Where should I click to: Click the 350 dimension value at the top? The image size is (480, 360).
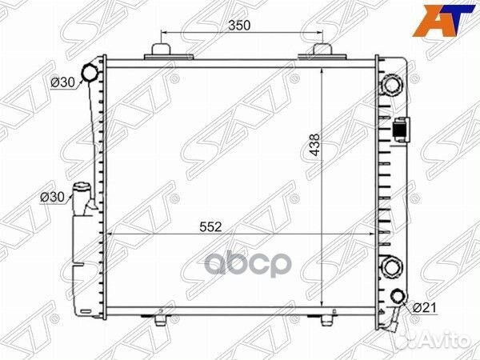point(239,26)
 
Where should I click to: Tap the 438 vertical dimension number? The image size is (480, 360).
point(314,145)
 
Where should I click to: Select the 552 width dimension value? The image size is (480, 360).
point(210,227)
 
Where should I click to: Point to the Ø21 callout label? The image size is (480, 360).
point(425,308)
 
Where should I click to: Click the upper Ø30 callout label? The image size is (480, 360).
point(62,82)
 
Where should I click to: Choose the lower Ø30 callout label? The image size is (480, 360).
point(52,197)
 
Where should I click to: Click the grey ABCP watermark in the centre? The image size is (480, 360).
point(247,265)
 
